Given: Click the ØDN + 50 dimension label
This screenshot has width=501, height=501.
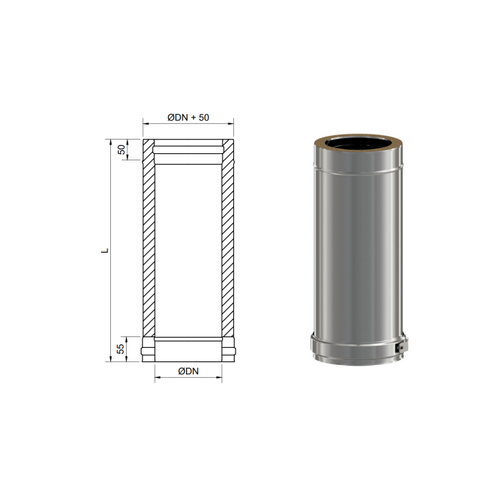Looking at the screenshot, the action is pyautogui.click(x=188, y=117).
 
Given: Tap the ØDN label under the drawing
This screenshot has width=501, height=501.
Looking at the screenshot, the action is pyautogui.click(x=188, y=371).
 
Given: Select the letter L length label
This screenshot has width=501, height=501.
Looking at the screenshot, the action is pyautogui.click(x=104, y=250).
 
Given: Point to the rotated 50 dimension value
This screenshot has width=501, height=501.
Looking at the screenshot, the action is pyautogui.click(x=122, y=150).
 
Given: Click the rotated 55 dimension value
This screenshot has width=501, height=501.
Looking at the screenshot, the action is pyautogui.click(x=120, y=349).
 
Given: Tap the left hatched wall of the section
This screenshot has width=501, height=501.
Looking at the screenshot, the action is pyautogui.click(x=149, y=238).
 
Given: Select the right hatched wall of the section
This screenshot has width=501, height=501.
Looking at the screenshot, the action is pyautogui.click(x=228, y=238).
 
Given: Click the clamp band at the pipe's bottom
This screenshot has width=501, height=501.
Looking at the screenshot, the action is pyautogui.click(x=358, y=350).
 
